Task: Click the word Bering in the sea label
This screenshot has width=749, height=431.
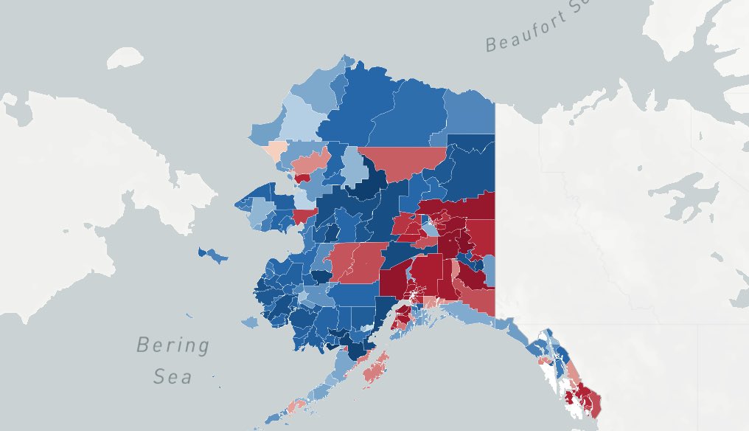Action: [173, 345]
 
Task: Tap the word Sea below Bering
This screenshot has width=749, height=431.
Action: [173, 376]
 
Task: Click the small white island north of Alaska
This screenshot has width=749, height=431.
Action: [125, 58]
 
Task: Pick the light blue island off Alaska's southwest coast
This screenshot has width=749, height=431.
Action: [250, 323]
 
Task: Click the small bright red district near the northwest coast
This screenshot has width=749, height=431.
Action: [302, 178]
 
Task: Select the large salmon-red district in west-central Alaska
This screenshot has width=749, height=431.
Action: [358, 262]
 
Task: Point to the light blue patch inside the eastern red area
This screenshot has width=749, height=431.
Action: [428, 231]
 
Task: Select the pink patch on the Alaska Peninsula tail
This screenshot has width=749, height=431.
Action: [296, 405]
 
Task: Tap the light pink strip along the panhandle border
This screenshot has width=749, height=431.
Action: [572, 370]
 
